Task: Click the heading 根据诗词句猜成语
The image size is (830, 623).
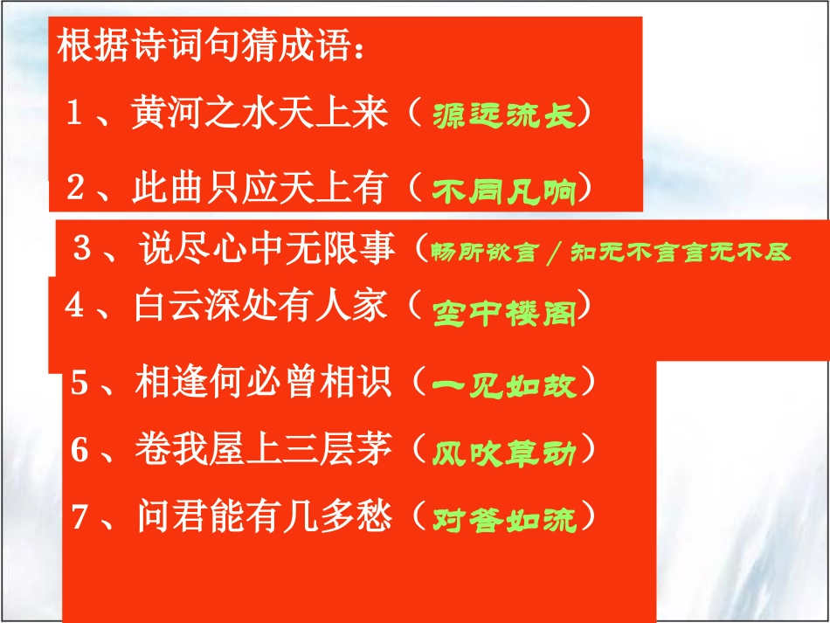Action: (x=210, y=47)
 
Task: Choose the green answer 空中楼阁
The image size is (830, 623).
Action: (x=505, y=314)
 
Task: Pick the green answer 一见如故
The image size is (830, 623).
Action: (x=505, y=384)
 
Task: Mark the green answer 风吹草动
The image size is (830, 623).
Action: (x=505, y=453)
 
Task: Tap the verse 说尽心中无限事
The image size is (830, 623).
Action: (x=267, y=252)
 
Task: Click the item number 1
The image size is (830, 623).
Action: (x=74, y=114)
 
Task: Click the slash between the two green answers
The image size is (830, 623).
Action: (x=551, y=253)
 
